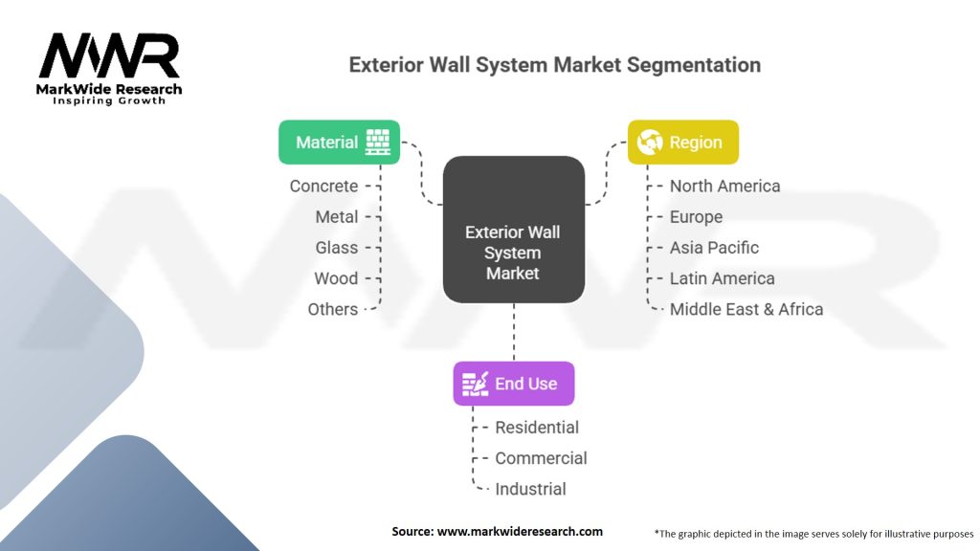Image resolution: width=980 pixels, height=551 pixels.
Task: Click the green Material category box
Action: [340, 143]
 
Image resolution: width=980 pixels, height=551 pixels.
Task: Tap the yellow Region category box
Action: [683, 143]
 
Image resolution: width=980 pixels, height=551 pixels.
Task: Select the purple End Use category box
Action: [514, 384]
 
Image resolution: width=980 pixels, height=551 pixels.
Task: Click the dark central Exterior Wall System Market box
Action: [514, 230]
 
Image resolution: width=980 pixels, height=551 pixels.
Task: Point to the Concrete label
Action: [323, 187]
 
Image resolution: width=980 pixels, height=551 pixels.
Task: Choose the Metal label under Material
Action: [337, 217]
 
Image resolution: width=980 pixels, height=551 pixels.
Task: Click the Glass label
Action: [337, 248]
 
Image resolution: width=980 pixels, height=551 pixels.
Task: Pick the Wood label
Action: [336, 278]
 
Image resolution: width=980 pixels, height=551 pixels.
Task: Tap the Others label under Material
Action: [333, 309]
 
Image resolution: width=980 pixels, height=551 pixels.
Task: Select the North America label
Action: [725, 187]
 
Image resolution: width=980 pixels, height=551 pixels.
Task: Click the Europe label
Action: [697, 217]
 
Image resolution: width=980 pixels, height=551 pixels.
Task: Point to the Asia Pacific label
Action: [714, 248]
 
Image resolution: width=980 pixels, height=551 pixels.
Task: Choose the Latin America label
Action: [723, 278]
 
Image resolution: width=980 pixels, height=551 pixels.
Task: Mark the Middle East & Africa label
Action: [746, 309]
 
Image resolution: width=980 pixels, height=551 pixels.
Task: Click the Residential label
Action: [537, 428]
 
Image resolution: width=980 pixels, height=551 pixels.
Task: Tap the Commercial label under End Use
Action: [542, 458]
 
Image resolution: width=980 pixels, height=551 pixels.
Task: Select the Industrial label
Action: [530, 489]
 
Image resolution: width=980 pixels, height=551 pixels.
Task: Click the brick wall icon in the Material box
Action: [377, 143]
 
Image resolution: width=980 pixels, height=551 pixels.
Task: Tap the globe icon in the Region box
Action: [650, 143]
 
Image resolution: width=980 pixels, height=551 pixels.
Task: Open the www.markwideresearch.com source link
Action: [520, 532]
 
